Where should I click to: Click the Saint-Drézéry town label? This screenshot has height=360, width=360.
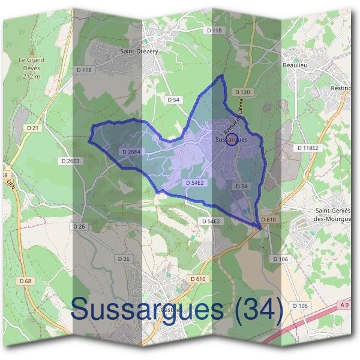tap(139, 52)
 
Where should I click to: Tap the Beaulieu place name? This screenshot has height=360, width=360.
tap(295, 64)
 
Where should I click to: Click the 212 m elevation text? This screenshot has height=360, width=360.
tap(31, 77)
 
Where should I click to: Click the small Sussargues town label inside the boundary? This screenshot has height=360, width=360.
tap(230, 139)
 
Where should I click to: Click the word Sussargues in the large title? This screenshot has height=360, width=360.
tap(147, 310)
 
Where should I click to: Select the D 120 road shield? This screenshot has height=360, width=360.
tap(243, 92)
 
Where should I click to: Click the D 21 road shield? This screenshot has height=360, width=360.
tap(32, 128)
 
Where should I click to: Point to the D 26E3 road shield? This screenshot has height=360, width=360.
tap(70, 161)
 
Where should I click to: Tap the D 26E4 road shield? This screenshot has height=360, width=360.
tap(130, 152)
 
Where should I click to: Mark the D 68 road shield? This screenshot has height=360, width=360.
tap(25, 281)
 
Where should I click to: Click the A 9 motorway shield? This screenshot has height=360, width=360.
tap(344, 305)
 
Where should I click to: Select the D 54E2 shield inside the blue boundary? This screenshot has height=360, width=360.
tap(194, 182)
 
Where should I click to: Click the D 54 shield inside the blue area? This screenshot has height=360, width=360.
tap(241, 187)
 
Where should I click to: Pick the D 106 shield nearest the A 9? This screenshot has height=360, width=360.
tap(300, 305)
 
